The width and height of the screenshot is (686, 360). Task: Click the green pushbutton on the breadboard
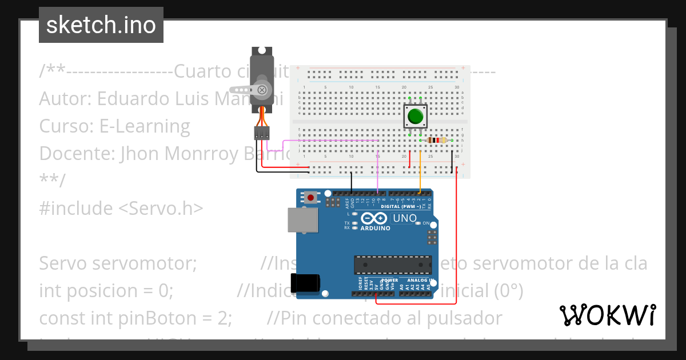pos(415,117)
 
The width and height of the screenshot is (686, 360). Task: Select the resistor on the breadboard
pos(437,141)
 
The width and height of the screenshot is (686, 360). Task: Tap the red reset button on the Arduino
pos(310,198)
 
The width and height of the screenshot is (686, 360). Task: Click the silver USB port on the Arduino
pos(303,220)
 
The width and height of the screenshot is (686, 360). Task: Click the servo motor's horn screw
pos(262,90)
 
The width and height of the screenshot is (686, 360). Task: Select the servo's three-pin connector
pos(262,133)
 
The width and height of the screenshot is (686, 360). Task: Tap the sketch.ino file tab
pos(101,25)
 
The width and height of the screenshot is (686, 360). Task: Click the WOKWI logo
pos(607,315)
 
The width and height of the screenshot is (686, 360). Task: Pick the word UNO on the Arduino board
pos(405,218)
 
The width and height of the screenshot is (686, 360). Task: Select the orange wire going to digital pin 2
pos(420,171)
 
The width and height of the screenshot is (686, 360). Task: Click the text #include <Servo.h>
pos(121,209)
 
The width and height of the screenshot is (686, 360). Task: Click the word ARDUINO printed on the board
pos(375,229)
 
